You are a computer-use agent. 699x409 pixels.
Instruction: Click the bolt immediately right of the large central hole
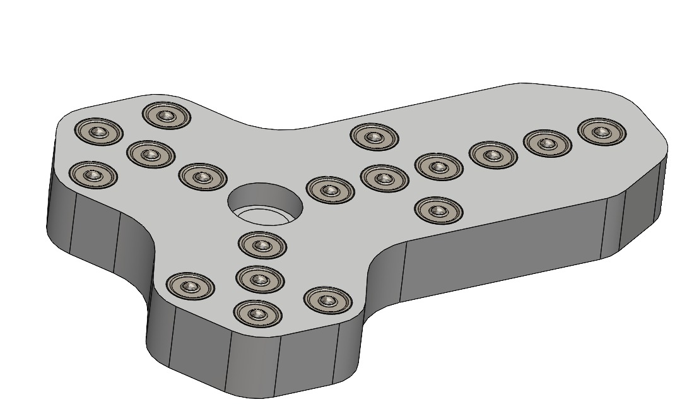(x=329, y=189)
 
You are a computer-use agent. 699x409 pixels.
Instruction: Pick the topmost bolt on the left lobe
(x=167, y=116)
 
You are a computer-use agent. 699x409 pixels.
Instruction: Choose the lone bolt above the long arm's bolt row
(x=375, y=137)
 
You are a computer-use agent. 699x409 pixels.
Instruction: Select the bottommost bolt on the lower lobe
(x=257, y=313)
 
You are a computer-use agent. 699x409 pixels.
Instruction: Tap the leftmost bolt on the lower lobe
(x=190, y=287)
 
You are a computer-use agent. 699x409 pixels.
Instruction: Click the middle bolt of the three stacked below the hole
(x=259, y=278)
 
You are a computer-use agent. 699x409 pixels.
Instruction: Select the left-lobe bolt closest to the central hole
(x=203, y=177)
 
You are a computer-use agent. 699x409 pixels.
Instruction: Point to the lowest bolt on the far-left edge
(x=94, y=175)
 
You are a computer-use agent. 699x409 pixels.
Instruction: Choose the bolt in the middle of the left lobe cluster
(x=150, y=154)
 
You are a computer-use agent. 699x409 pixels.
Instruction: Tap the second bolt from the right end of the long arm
(x=547, y=143)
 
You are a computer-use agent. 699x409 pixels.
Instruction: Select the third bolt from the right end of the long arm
(x=493, y=155)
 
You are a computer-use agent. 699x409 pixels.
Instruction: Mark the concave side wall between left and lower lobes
(x=136, y=252)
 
